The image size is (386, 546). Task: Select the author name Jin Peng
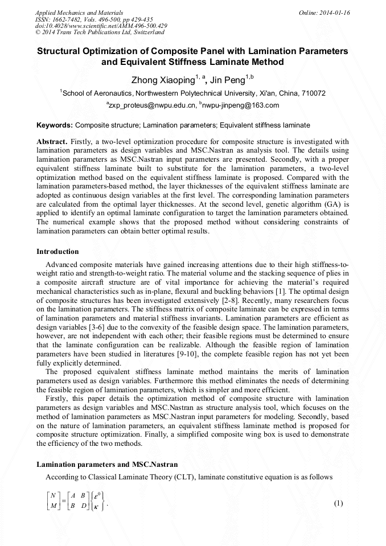pyautogui.click(x=232, y=80)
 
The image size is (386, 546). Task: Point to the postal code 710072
pyautogui.click(x=312, y=93)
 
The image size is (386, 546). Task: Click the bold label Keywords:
pyautogui.click(x=55, y=125)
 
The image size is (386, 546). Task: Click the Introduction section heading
pyautogui.click(x=58, y=252)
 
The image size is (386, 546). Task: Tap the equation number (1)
pyautogui.click(x=338, y=503)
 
